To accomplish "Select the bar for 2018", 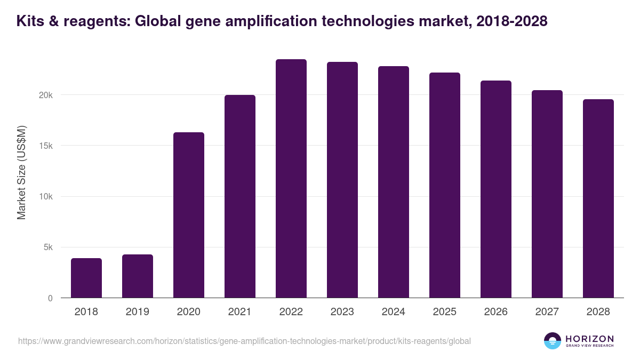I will coord(86,278).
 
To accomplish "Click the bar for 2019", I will coord(138,276).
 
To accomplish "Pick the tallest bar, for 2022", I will coord(291,179).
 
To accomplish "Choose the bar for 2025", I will coord(445,185).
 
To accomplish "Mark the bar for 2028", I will coord(598,198).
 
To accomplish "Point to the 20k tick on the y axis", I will coord(46,95).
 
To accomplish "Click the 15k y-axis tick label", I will coord(46,146).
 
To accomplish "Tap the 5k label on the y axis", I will coord(48,247).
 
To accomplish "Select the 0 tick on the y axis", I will coord(50,298).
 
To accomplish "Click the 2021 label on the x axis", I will coord(240,312).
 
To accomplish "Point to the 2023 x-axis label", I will coord(342,312).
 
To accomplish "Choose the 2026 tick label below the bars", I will coord(496,312).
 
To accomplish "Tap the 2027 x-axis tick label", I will coord(547,312).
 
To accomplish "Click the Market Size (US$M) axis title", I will coord(22,172).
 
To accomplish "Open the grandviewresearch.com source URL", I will coord(244,341).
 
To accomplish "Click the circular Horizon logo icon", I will coord(553,341).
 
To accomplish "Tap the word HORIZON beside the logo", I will coord(589,338).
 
